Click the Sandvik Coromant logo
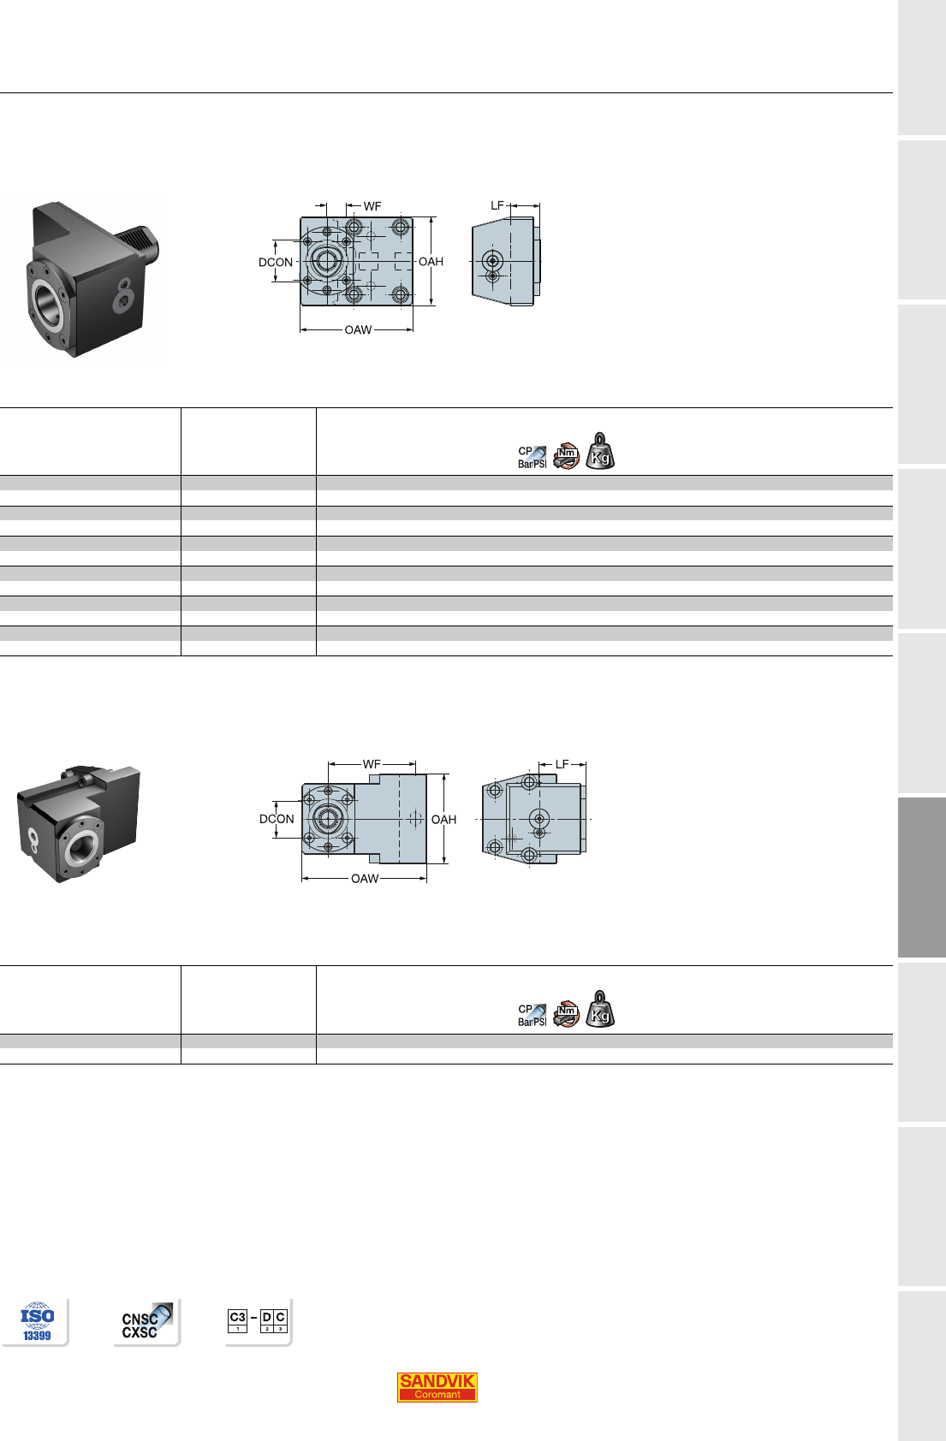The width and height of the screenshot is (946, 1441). coord(437,1386)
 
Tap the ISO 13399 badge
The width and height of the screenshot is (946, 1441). coord(38,1322)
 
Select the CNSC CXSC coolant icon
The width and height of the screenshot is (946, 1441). coord(147,1322)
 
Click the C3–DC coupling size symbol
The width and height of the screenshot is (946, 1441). coord(258,1320)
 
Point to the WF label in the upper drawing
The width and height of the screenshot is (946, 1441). coord(372,206)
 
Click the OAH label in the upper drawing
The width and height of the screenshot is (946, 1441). coord(431,262)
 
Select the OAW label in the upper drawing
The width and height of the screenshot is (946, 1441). coord(358,330)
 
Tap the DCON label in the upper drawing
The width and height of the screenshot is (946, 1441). coord(276,263)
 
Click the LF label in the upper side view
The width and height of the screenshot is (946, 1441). coord(497,206)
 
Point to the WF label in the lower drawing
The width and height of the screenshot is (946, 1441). coord(372,764)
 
